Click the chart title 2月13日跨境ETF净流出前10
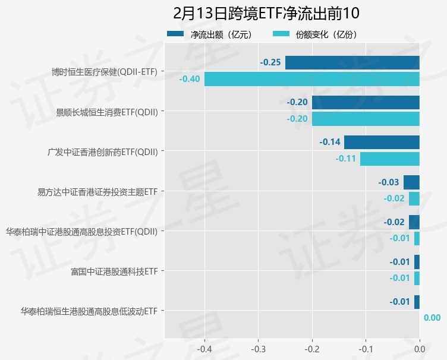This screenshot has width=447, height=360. (x=266, y=13)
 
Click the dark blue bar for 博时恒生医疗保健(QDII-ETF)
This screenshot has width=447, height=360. (x=352, y=62)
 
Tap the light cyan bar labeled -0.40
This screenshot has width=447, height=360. (x=311, y=79)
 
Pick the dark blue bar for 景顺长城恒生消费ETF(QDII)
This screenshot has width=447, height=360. (x=366, y=102)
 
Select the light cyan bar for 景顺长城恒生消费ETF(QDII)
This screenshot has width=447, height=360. (x=366, y=119)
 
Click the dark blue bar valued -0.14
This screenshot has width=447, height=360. (x=382, y=142)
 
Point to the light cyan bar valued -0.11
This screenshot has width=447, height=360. (x=390, y=159)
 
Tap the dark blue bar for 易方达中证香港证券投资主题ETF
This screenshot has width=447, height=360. (x=411, y=182)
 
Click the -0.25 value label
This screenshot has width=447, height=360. (x=270, y=62)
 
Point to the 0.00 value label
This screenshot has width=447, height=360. (x=432, y=318)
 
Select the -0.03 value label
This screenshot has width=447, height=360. (x=389, y=182)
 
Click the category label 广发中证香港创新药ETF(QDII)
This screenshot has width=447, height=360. (x=103, y=151)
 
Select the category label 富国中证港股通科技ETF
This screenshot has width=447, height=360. (x=114, y=271)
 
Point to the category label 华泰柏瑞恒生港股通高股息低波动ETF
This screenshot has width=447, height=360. (x=89, y=311)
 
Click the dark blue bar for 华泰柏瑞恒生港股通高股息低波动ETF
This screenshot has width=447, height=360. (x=417, y=302)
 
